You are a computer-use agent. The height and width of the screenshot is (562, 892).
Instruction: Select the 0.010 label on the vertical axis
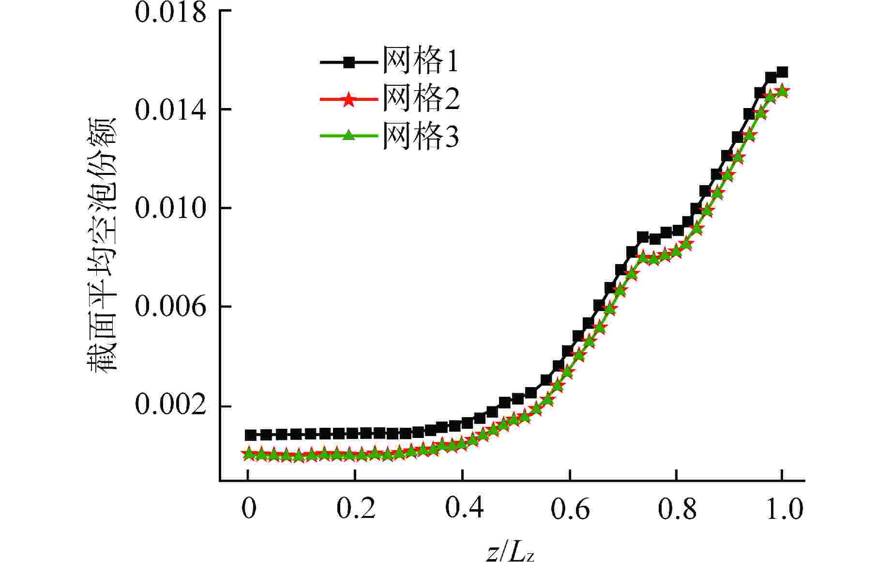(170, 208)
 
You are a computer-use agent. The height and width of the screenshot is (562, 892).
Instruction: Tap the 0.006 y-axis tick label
(170, 307)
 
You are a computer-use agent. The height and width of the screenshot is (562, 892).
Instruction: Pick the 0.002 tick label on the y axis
(170, 406)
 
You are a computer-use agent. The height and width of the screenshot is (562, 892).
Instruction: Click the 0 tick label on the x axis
(248, 508)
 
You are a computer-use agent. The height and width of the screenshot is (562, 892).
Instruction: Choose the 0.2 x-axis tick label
(356, 508)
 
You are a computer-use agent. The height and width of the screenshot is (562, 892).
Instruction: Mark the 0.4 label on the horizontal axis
(463, 508)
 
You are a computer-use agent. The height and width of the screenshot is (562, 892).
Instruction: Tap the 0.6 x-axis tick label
(570, 508)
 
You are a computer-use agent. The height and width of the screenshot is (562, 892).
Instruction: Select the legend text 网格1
(420, 62)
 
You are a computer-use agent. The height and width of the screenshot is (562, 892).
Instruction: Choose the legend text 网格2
(420, 99)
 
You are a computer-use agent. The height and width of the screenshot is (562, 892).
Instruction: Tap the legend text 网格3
(420, 136)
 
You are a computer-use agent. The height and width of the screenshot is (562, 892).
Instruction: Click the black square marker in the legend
(348, 62)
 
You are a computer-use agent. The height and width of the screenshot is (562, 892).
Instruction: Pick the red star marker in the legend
(348, 99)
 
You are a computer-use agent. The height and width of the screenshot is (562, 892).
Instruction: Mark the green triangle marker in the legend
(348, 136)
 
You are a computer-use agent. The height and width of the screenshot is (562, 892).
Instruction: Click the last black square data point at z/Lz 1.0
(782, 73)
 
